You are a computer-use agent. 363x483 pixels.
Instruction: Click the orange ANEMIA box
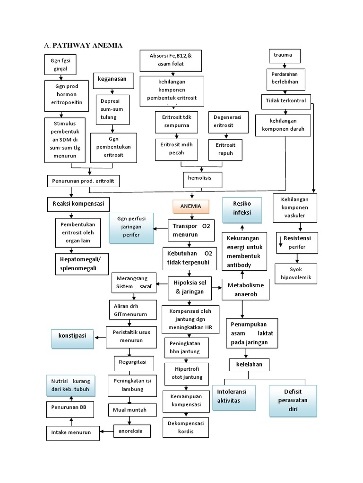point(190,207)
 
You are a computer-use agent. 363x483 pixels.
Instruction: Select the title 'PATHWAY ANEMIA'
point(87,45)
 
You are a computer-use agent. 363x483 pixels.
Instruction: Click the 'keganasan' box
point(112,79)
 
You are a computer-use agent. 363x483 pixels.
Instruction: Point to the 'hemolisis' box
point(201,179)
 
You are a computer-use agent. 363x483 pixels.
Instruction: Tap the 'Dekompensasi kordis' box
point(185,427)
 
